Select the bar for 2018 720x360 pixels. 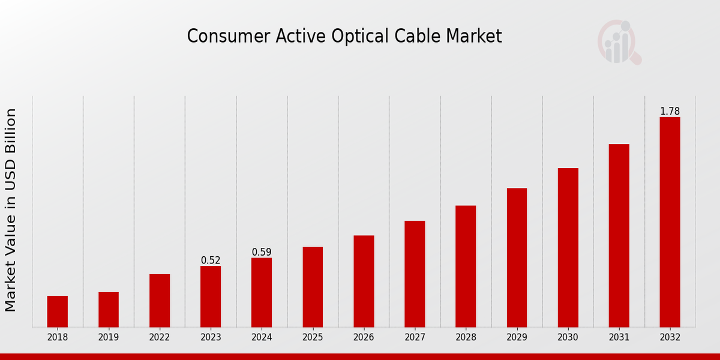click(x=58, y=311)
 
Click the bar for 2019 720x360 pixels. click(x=109, y=310)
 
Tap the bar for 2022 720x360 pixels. click(x=160, y=301)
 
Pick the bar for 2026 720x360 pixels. click(x=364, y=281)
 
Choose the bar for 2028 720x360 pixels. click(x=466, y=266)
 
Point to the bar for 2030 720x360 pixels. click(x=568, y=248)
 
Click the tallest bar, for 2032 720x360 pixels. click(x=670, y=222)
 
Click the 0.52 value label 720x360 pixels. click(x=211, y=260)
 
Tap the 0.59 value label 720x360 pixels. click(x=262, y=252)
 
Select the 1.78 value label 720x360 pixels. click(x=670, y=112)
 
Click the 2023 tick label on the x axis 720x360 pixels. click(x=211, y=338)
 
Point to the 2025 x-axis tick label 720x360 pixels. click(x=313, y=338)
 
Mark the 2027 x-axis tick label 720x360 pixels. click(x=415, y=338)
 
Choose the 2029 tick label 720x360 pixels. click(x=517, y=338)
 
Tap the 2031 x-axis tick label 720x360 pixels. click(x=619, y=338)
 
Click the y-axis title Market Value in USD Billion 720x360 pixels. click(x=11, y=210)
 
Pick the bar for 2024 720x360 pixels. click(x=262, y=293)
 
